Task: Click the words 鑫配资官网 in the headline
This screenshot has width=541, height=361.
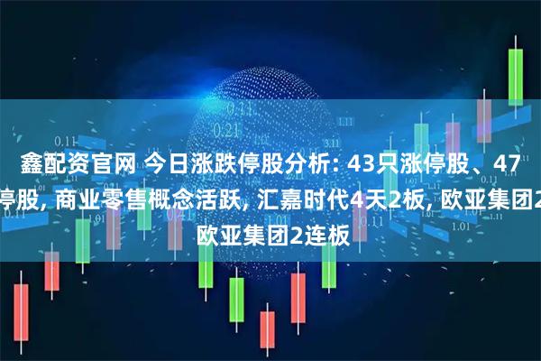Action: pos(72,164)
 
